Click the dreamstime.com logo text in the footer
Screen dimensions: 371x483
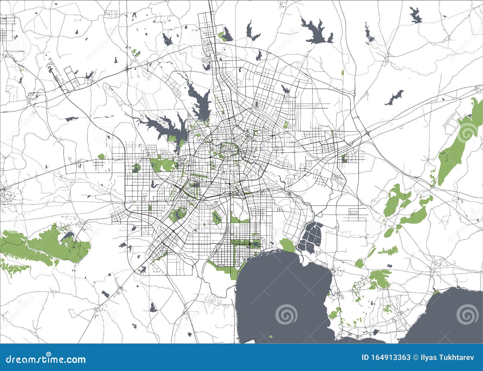(x=43, y=360)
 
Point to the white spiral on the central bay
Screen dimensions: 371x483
(x=285, y=314)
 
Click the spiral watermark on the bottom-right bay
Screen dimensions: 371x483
(x=467, y=314)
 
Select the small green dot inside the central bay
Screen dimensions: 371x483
(x=270, y=336)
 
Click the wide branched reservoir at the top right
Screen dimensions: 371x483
(x=317, y=32)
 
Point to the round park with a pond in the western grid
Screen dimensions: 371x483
(x=136, y=168)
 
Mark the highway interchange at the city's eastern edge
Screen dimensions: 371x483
(x=367, y=133)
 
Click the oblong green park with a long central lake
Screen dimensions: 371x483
(x=216, y=216)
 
